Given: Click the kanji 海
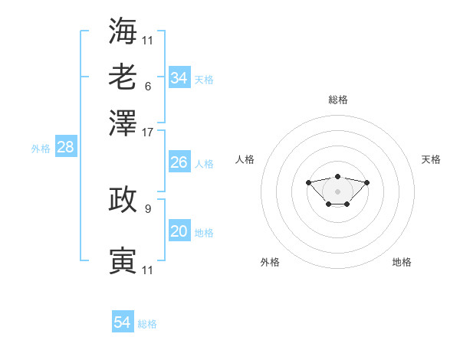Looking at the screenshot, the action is point(123,31).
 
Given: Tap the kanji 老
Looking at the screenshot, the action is point(123,77).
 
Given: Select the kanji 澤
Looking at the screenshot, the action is point(123,123).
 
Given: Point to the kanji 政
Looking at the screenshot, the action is point(123,199).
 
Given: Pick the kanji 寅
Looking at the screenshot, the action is point(123,260).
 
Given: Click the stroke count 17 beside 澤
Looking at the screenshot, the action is point(147,133).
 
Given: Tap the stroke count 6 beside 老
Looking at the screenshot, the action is point(148,87).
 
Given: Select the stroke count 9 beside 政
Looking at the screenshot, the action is point(148,209).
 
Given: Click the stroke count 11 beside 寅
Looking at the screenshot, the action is point(147,270).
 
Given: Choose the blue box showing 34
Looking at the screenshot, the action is point(179,77).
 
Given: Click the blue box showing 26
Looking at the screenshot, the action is point(179,162).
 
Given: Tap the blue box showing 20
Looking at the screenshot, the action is point(179,230).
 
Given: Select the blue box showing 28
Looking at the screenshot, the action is point(66,146).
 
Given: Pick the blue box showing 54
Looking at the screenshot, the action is point(123,321).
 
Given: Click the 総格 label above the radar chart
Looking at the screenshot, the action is point(338,100).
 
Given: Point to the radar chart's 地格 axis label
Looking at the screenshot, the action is point(402,262).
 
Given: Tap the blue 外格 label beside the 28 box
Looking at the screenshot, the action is point(41,149).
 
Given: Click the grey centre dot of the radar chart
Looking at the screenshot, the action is point(337,191).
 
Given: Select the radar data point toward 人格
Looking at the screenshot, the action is point(308,182).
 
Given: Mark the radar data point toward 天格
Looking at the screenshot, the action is point(366,182).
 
